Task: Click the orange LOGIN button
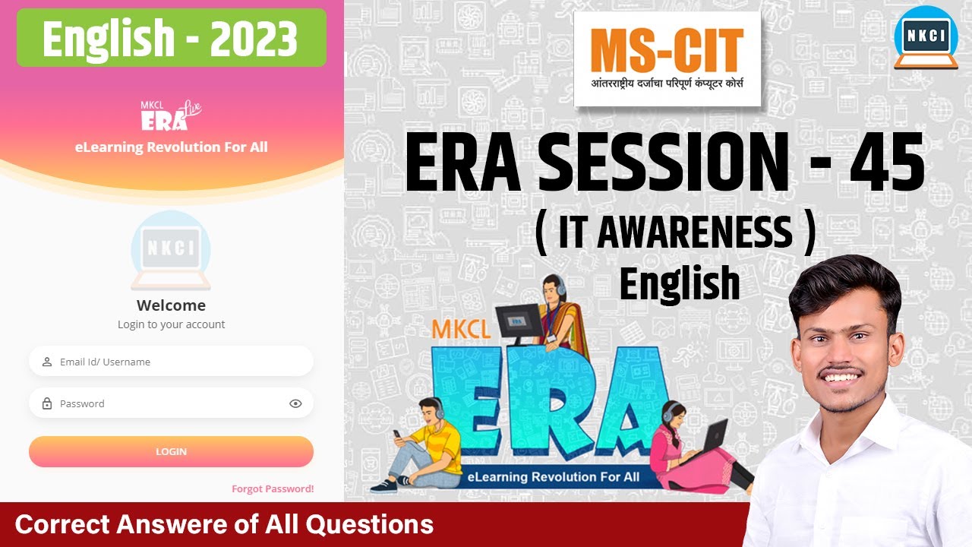coord(171,451)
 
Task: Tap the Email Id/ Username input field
coord(171,362)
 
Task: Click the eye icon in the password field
coord(295,403)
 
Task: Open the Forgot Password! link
coord(273,489)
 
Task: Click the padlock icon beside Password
coord(47,403)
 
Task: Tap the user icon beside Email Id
coord(47,362)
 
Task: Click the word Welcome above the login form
coord(171,305)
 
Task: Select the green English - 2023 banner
coord(171,38)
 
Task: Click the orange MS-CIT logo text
coord(667,52)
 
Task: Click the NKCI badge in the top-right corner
coord(925,37)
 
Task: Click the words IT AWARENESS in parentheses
coord(676,233)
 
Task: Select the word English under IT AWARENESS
coord(679,283)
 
